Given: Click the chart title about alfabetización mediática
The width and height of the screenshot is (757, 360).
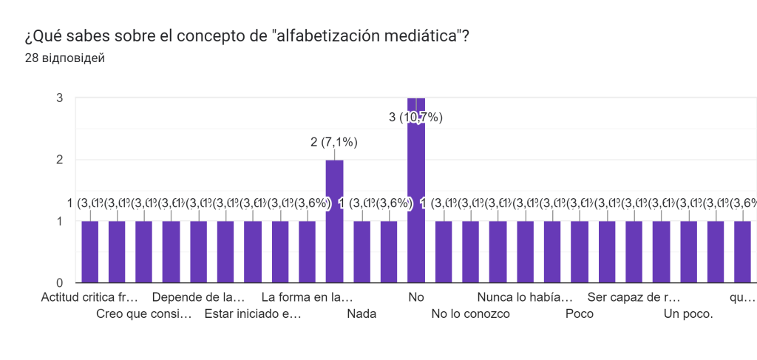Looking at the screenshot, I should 247,37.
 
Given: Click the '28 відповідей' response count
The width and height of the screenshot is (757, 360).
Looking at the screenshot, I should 64,58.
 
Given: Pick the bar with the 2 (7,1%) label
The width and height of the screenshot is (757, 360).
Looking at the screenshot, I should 334,221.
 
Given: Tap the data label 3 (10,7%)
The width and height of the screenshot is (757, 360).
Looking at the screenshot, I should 415,117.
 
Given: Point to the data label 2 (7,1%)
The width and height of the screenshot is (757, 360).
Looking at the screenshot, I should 334,143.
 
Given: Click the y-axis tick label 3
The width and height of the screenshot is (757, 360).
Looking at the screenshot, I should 59,98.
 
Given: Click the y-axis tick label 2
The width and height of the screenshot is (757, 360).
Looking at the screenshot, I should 59,160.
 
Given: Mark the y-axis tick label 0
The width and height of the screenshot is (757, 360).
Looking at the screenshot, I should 59,282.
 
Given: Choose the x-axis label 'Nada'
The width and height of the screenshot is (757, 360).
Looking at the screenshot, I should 361,313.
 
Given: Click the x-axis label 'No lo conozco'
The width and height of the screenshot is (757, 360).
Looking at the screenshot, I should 471,313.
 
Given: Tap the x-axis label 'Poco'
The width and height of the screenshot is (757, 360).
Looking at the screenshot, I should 580,313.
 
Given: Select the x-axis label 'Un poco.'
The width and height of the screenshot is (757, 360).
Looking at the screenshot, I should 688,313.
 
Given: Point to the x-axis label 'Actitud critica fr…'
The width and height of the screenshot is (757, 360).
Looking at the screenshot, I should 89,298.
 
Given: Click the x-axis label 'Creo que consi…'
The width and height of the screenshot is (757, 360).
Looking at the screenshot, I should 144,313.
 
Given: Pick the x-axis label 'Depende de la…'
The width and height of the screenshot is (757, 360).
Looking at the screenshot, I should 198,298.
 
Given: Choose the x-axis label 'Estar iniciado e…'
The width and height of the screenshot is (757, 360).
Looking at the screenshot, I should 253,313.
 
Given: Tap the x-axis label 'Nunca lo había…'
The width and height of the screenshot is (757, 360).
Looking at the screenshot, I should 525,298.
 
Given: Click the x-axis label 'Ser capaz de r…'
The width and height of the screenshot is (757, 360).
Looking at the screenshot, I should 634,298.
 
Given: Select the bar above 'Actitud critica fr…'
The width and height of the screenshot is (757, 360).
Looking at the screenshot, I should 89,251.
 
